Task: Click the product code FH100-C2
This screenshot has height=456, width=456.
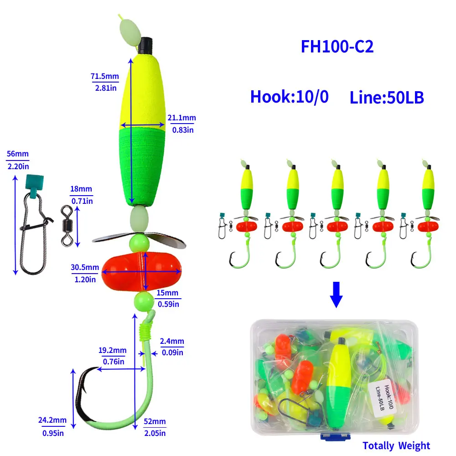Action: pos(337,47)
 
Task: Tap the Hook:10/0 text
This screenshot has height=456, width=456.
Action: pos(289,97)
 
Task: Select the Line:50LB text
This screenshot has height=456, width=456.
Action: pos(387,98)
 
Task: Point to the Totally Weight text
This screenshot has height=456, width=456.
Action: pos(396,446)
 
